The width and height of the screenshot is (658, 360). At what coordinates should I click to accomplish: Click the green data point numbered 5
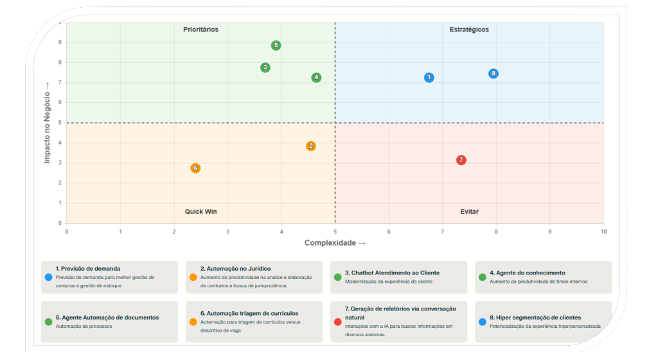(276, 46)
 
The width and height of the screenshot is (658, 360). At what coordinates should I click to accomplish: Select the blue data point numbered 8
(493, 73)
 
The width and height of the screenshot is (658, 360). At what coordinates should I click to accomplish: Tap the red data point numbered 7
(461, 160)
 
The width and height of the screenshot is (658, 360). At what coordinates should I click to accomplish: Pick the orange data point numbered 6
(195, 168)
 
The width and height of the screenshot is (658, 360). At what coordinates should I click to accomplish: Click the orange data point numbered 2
(311, 146)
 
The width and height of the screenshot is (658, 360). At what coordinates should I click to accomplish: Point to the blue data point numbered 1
(429, 78)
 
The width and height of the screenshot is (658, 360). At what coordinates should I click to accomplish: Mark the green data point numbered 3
(265, 67)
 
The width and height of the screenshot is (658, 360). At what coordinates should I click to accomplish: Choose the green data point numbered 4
(316, 78)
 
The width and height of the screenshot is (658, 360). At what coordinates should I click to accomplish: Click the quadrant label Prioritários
(200, 30)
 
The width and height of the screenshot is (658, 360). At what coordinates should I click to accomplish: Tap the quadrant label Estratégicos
(469, 30)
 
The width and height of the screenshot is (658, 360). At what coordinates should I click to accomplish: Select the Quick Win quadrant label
(201, 212)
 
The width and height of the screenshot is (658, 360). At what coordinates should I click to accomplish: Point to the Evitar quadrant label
(469, 212)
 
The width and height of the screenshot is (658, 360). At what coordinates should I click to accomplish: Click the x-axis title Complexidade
(335, 243)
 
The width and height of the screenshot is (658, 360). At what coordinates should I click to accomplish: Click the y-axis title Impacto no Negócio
(48, 122)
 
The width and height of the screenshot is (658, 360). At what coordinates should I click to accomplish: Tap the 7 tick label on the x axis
(442, 231)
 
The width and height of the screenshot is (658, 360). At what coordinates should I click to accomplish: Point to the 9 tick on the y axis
(60, 42)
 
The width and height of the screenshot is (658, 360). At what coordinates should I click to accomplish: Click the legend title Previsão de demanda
(88, 269)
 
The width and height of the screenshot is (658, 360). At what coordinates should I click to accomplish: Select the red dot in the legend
(338, 321)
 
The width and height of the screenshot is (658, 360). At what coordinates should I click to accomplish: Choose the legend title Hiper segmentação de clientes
(535, 318)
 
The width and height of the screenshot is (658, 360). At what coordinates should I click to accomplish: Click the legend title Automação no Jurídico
(235, 269)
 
